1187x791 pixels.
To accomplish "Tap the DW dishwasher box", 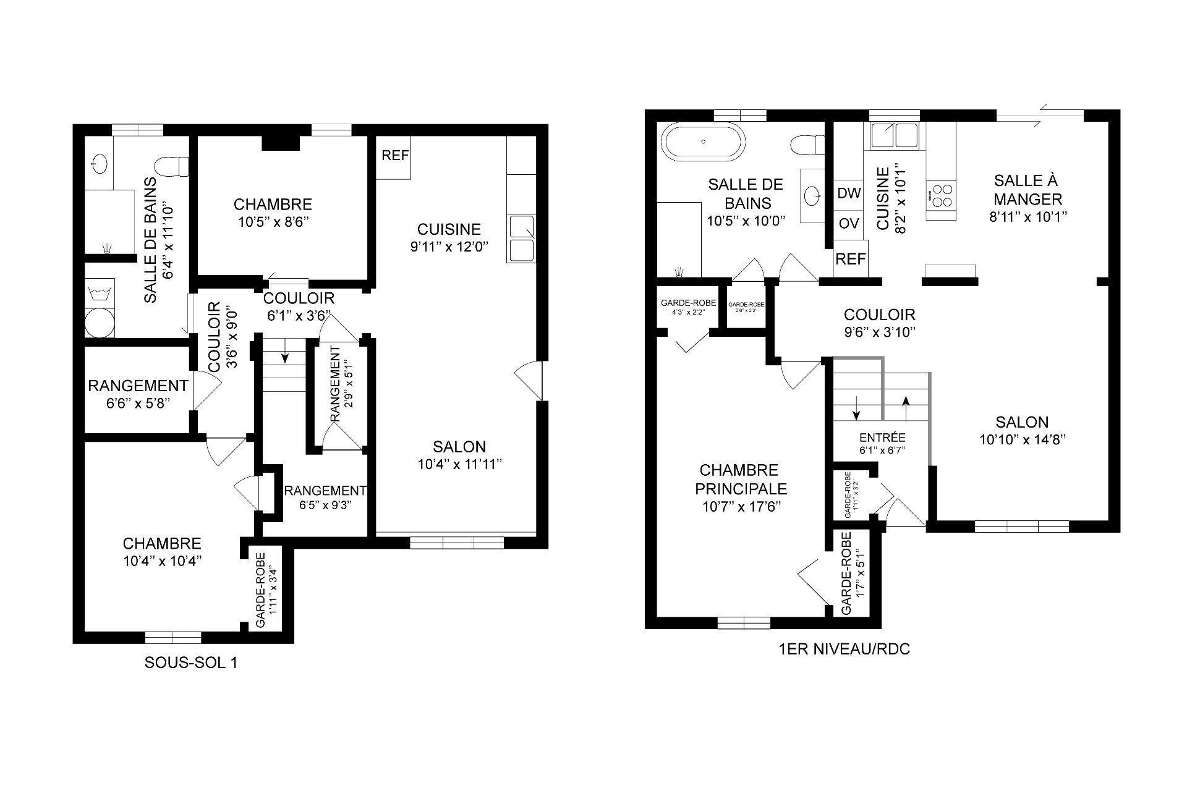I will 849,193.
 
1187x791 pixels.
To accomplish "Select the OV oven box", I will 849,223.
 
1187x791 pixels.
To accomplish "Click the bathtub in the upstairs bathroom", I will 704,142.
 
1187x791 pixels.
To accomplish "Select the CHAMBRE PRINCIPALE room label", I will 741,480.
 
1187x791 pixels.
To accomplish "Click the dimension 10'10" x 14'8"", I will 1023,440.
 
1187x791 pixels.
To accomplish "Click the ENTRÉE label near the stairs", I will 882,438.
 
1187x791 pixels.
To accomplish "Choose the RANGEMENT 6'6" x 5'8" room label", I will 138,386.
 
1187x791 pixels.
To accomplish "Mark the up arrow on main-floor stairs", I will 906,401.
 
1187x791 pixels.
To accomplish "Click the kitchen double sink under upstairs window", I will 894,134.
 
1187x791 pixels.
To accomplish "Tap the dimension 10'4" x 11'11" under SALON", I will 459,464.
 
